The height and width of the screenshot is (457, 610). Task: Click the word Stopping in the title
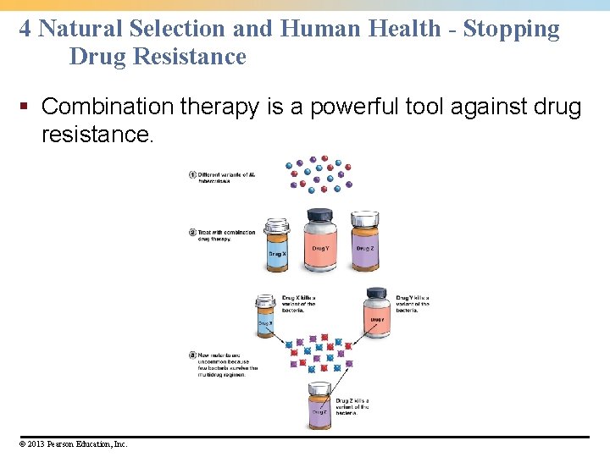(512, 29)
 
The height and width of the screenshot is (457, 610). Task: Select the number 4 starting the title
(25, 29)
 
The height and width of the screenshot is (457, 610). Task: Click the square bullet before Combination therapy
(25, 107)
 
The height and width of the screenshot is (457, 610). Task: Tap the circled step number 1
(192, 175)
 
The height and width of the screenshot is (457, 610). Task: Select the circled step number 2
(192, 232)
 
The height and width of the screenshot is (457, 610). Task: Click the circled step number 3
(192, 355)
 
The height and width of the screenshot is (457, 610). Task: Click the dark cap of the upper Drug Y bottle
(319, 215)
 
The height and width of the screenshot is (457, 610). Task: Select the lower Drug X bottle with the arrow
(266, 317)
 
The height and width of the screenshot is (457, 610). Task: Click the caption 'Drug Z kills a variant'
(352, 406)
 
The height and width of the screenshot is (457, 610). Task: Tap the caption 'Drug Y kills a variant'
(412, 304)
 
